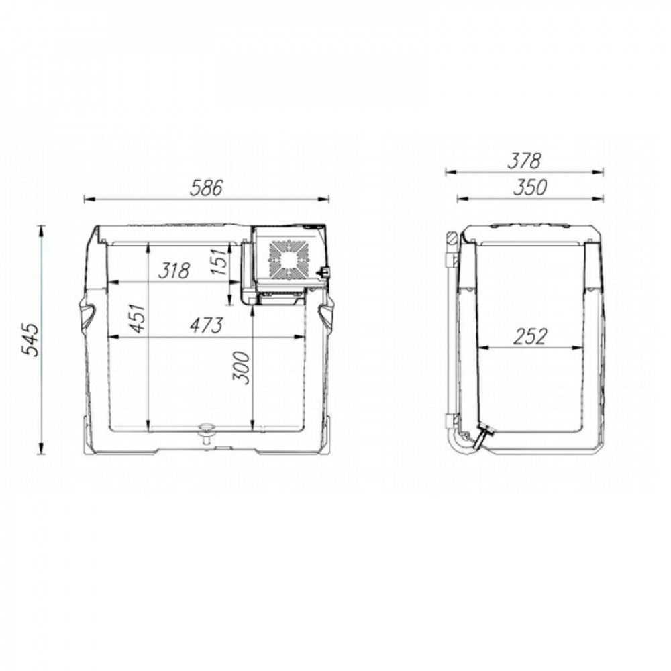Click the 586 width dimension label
coord(206,188)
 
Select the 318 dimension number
coord(174,271)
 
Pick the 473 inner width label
coord(207,325)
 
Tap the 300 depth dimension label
coord(240,368)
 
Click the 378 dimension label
coord(525,161)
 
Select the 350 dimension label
coord(530,187)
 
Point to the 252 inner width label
coord(530,337)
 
